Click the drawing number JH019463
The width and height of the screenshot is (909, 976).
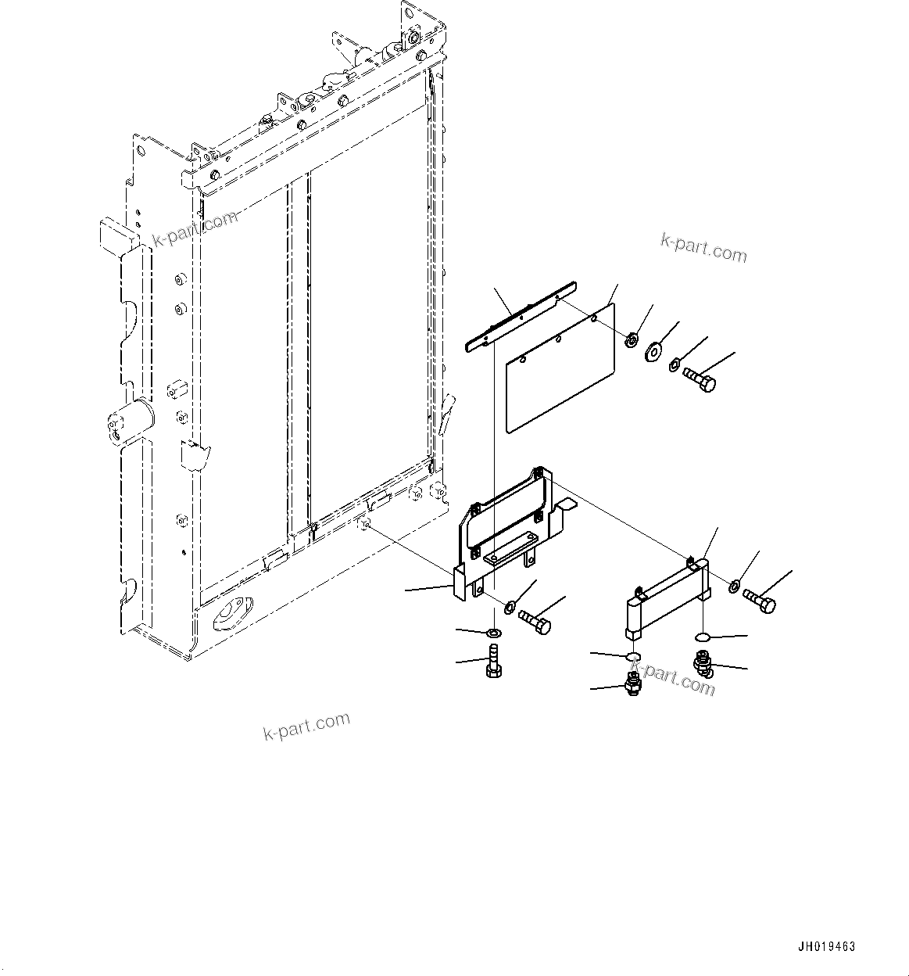pyautogui.click(x=827, y=946)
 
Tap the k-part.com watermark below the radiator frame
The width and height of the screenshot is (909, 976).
pyautogui.click(x=306, y=726)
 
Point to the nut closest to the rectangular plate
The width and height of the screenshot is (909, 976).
pyautogui.click(x=630, y=339)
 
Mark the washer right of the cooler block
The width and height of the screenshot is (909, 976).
pyautogui.click(x=735, y=587)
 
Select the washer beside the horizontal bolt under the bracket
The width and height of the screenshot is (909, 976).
pyautogui.click(x=510, y=606)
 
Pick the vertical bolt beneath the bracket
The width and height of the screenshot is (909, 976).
pyautogui.click(x=493, y=662)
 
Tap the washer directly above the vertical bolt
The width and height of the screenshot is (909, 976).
pyautogui.click(x=493, y=632)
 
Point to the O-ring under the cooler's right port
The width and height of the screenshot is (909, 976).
pyautogui.click(x=703, y=637)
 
